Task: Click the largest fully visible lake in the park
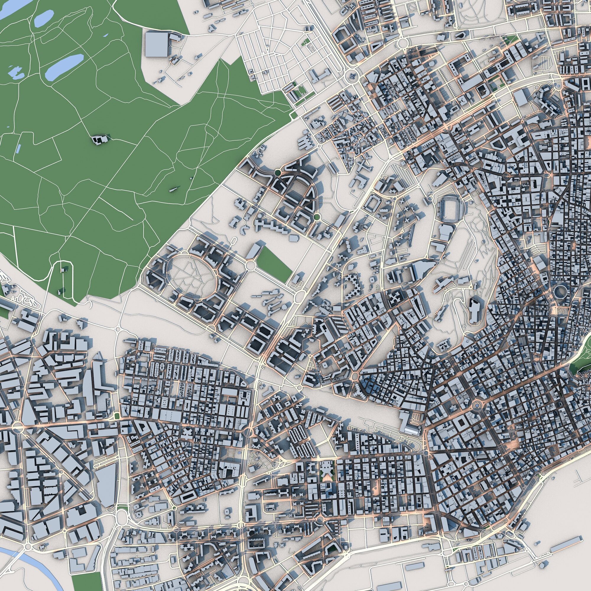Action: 64,67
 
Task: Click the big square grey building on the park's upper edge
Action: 157,44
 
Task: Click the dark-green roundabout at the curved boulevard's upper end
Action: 277,173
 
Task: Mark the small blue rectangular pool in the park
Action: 19,149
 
